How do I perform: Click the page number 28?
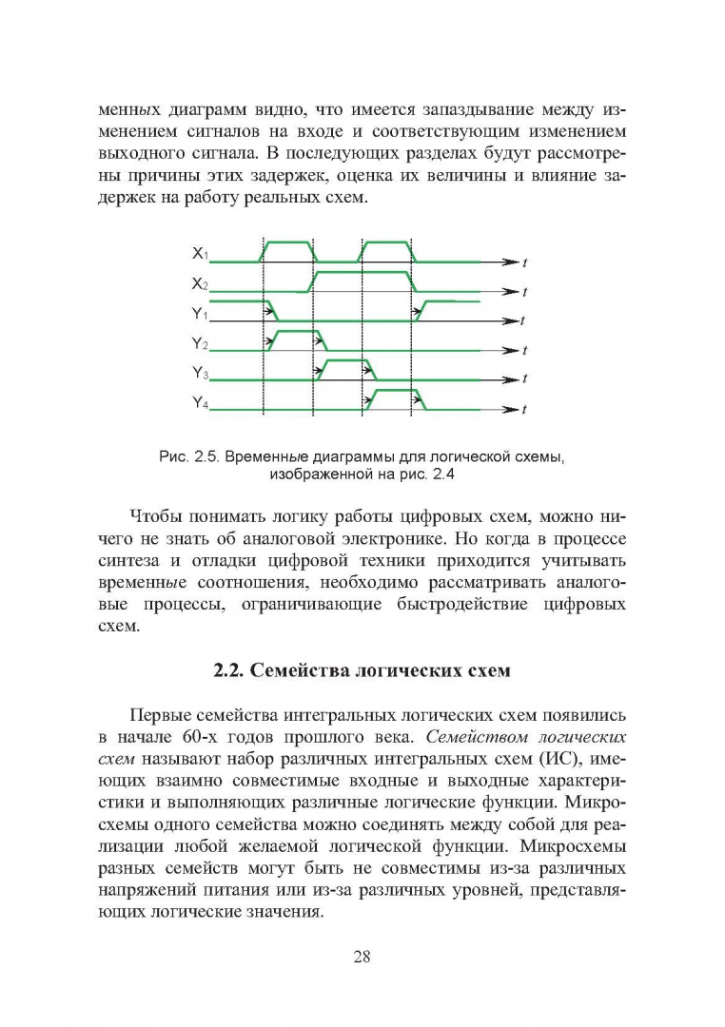pos(362,957)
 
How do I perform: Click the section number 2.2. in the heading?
pos(228,671)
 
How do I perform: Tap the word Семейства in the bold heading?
pos(296,671)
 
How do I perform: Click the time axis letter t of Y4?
pos(525,411)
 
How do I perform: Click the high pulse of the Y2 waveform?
pos(295,332)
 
